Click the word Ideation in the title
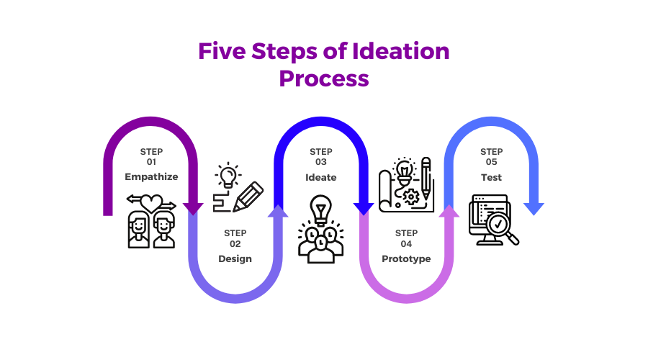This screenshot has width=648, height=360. point(400,51)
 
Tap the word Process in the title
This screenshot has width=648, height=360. point(324,78)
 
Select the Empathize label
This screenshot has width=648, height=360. point(151,177)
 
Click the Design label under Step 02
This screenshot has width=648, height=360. point(235,259)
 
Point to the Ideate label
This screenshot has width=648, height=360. point(320,178)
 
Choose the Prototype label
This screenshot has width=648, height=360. point(406,259)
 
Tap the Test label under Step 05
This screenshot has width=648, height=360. point(491,178)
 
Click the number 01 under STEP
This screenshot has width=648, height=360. point(151,162)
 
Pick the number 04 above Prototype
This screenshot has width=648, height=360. point(406,244)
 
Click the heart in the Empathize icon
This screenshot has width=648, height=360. point(151,203)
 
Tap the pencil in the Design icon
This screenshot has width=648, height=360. point(248,197)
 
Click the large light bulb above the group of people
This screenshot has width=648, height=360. point(321,210)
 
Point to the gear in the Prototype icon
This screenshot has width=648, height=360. point(410,197)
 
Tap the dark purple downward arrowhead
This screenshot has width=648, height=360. point(193,209)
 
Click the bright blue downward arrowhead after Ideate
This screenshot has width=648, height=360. point(364,209)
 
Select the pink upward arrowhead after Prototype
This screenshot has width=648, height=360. point(449,211)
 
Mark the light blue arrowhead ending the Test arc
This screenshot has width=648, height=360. point(534,209)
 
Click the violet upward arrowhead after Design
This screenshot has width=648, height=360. point(278,211)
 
